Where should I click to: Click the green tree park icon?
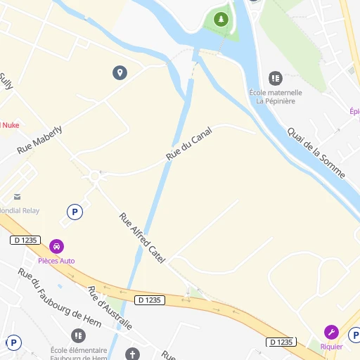pos(221,19)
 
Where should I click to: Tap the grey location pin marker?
pos(120,72)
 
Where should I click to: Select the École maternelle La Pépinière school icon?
pos(275,77)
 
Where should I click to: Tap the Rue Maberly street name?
pos(39,140)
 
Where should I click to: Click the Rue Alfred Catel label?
pos(142,238)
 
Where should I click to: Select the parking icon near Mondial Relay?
pos(74,211)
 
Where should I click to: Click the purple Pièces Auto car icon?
pos(56,247)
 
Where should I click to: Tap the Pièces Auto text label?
pos(56,261)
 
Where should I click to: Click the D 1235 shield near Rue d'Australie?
pos(150,300)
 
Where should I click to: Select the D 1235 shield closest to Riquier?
pos(281,342)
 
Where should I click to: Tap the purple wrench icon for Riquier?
pos(330,332)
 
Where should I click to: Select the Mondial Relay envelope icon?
pos(17,197)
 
